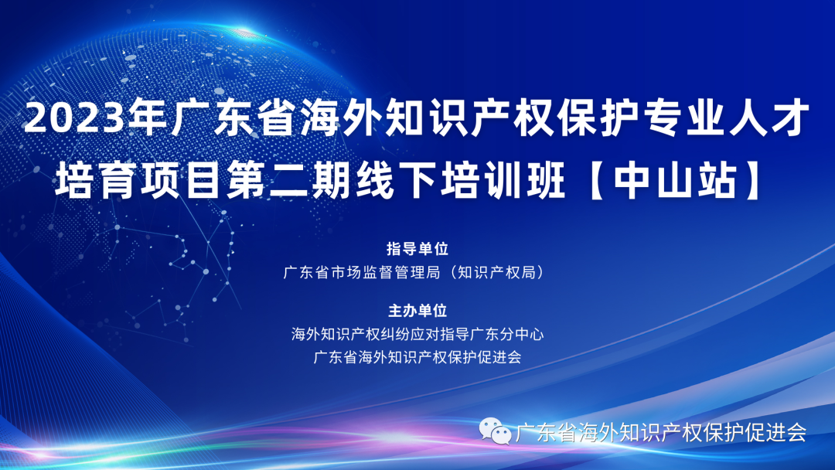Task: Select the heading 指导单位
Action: (417, 249)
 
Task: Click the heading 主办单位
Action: (417, 312)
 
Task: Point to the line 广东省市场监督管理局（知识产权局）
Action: (417, 272)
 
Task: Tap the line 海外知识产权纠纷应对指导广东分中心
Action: (417, 335)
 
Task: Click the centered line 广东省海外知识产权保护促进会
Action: (417, 357)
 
